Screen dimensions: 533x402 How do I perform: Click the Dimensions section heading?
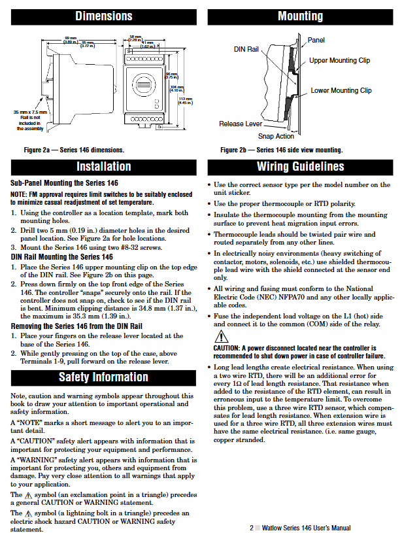tap(104, 16)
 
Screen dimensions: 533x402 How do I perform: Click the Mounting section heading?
tap(300, 16)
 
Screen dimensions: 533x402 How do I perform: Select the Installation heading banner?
tap(104, 167)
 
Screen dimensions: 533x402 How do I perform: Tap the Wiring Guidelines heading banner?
tap(300, 167)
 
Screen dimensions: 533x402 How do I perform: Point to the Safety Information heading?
tap(104, 377)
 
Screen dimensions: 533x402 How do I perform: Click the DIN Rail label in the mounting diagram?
tap(246, 49)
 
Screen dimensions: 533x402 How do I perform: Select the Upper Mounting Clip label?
tap(339, 61)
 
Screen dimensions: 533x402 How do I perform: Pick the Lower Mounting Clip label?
tap(341, 91)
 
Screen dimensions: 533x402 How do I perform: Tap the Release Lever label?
tap(241, 124)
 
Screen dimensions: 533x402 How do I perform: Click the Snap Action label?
tap(276, 136)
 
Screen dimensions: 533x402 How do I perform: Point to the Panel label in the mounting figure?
tap(316, 41)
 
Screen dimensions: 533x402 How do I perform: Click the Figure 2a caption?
tap(74, 150)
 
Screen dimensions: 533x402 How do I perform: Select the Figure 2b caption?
tap(281, 150)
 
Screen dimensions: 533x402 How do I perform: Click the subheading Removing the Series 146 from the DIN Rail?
tap(76, 325)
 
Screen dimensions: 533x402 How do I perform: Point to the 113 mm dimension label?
tap(185, 100)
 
